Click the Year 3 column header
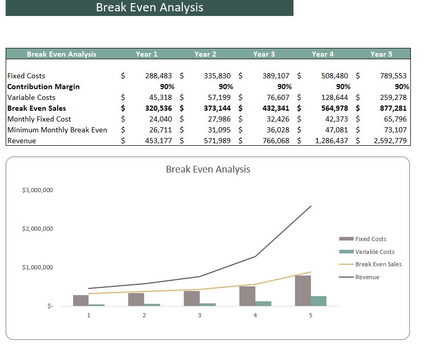tap(264, 54)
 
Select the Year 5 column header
tap(381, 54)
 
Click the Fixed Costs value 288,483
tap(159, 76)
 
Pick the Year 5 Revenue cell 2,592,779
tap(390, 141)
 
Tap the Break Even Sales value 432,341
tap(276, 108)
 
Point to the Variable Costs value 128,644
tap(334, 97)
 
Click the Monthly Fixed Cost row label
tap(39, 119)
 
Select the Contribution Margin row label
tap(43, 87)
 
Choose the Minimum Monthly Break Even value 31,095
tap(217, 130)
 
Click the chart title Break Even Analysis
tap(208, 169)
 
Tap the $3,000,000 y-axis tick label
tap(38, 191)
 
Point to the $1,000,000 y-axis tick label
tap(38, 267)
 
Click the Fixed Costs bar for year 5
tap(303, 291)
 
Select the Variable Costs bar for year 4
tap(263, 303)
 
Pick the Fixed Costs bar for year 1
tap(81, 300)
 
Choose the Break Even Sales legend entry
tap(378, 264)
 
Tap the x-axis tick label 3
tap(200, 316)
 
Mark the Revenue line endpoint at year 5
tap(311, 206)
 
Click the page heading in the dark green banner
tap(149, 8)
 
